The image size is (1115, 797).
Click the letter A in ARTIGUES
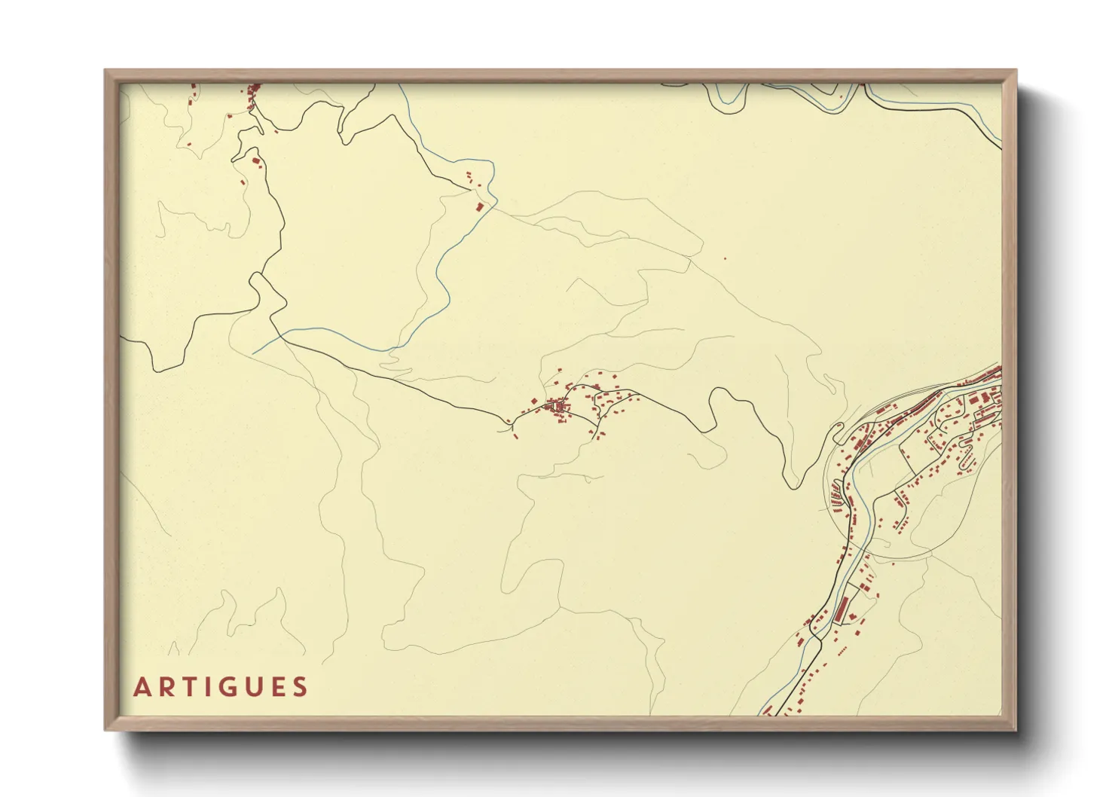pyautogui.click(x=142, y=687)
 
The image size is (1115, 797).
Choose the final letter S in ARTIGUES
pyautogui.click(x=301, y=687)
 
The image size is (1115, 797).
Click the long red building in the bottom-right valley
pyautogui.click(x=842, y=606)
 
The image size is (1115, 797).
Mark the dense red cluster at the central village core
pyautogui.click(x=558, y=408)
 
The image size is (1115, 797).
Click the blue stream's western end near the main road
pyautogui.click(x=255, y=353)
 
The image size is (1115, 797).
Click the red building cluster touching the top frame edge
pyautogui.click(x=253, y=93)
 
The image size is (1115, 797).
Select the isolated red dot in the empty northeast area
pyautogui.click(x=725, y=259)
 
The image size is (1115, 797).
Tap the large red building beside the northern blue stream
pyautogui.click(x=479, y=206)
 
